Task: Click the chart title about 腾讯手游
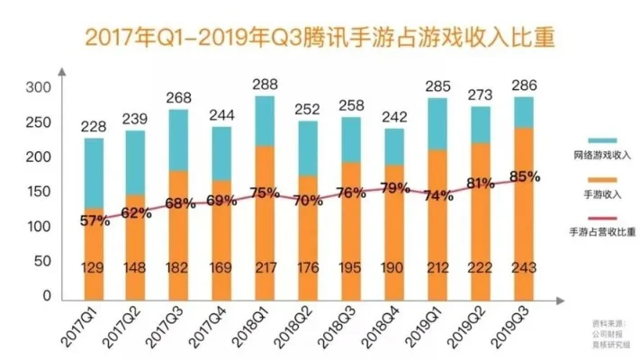tap(319, 38)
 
